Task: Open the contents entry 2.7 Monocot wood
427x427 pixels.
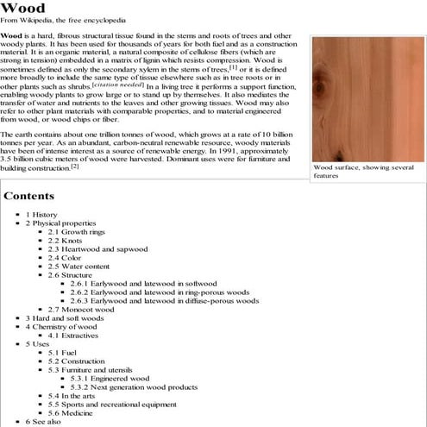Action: [x=81, y=309]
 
